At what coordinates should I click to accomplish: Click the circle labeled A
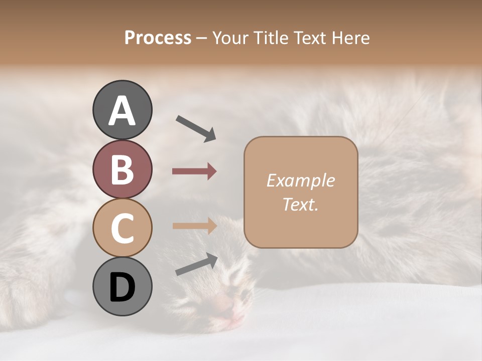tap(122, 110)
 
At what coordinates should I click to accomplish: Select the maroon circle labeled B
tap(122, 169)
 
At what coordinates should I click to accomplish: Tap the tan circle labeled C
tap(122, 228)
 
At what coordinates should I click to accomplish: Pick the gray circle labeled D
tap(122, 286)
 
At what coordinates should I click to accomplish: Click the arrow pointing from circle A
tap(196, 128)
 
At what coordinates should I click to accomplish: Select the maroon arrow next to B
tap(194, 171)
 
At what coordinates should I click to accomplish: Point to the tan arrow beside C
tap(195, 226)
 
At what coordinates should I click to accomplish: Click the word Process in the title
tap(158, 38)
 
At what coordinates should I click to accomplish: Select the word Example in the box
tap(300, 180)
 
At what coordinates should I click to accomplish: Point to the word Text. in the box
tap(300, 204)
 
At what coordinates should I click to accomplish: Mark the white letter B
tap(122, 169)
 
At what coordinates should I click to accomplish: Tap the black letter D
tap(122, 287)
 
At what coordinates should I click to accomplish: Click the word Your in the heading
tap(229, 38)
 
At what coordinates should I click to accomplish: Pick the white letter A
tap(122, 111)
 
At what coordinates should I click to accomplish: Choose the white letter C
tap(122, 228)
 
